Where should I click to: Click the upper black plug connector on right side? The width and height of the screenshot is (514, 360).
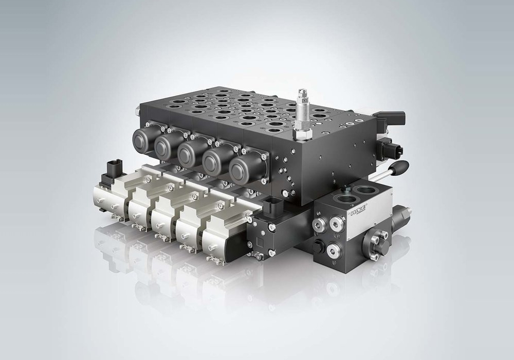tap(394, 117)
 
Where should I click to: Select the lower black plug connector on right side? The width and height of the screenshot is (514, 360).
tap(392, 150)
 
